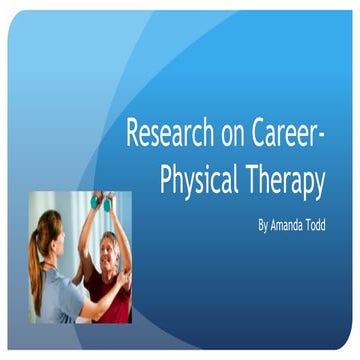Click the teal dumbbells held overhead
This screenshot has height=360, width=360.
(x=102, y=202)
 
